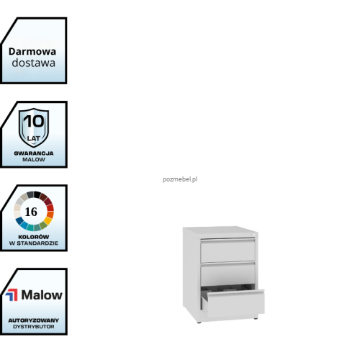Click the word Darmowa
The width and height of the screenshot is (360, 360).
pyautogui.click(x=32, y=52)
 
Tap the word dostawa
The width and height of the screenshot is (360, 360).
pyautogui.click(x=34, y=63)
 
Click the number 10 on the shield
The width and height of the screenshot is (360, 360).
pyautogui.click(x=34, y=121)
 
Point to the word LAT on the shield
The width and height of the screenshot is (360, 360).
pyautogui.click(x=34, y=138)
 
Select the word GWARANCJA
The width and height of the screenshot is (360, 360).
pyautogui.click(x=34, y=153)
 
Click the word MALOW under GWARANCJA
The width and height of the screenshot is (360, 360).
pyautogui.click(x=34, y=159)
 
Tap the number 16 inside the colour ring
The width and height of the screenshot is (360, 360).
pyautogui.click(x=31, y=212)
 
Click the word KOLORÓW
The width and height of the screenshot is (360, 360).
pyautogui.click(x=34, y=237)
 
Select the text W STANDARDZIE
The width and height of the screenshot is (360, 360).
pyautogui.click(x=34, y=243)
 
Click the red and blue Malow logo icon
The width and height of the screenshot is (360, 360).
pyautogui.click(x=12, y=295)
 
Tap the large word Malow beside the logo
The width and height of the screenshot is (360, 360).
pyautogui.click(x=42, y=294)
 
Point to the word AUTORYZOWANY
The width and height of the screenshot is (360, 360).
pyautogui.click(x=34, y=320)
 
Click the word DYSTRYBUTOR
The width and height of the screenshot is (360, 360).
pyautogui.click(x=34, y=327)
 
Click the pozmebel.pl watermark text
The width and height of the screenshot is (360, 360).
pyautogui.click(x=180, y=179)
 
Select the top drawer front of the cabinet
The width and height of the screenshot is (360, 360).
pyautogui.click(x=228, y=251)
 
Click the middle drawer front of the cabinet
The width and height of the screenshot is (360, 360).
pyautogui.click(x=228, y=274)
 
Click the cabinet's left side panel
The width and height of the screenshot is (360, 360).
pyautogui.click(x=192, y=274)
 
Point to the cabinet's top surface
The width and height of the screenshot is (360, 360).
pyautogui.click(x=220, y=232)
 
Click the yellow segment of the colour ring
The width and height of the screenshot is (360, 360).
pyautogui.click(x=48, y=220)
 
